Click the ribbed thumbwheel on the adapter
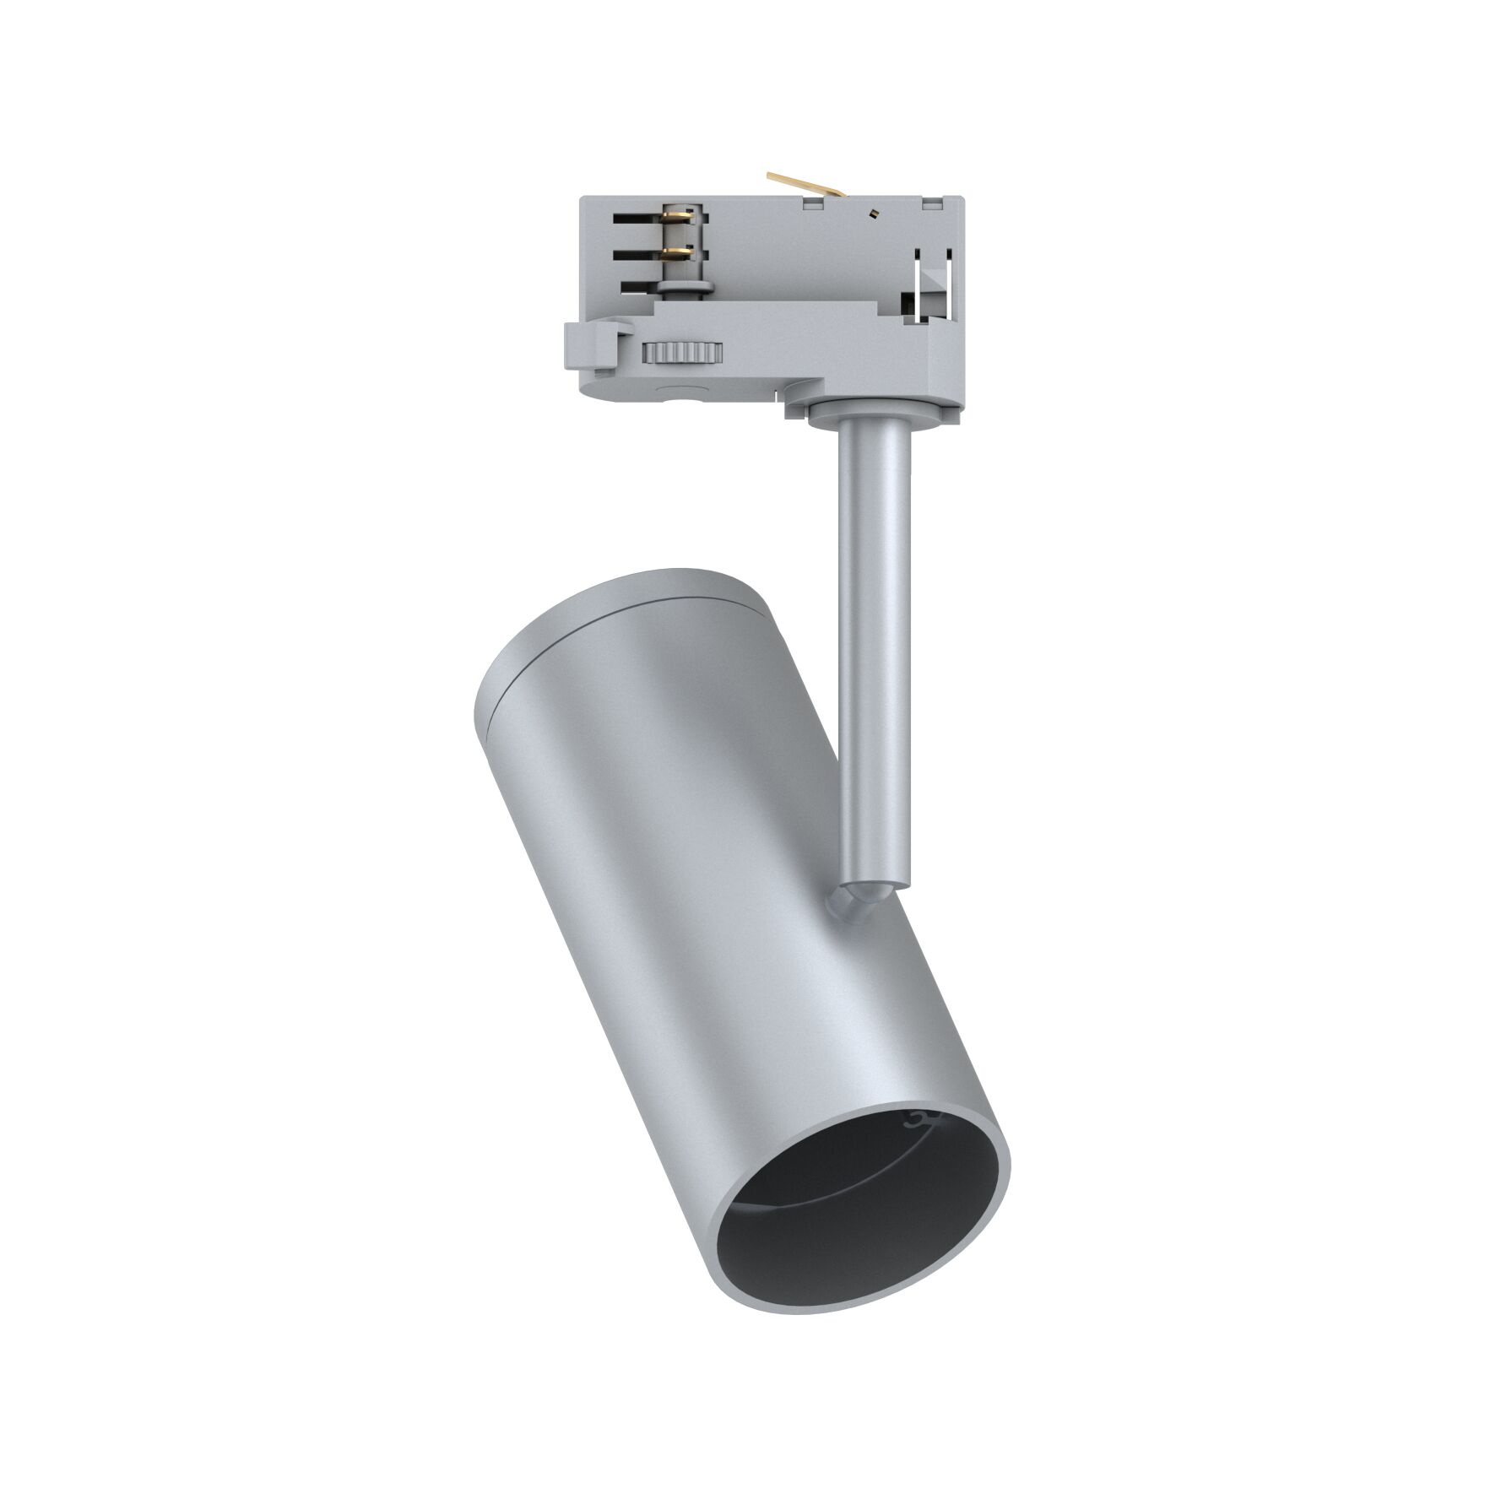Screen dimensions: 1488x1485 coord(682,351)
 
